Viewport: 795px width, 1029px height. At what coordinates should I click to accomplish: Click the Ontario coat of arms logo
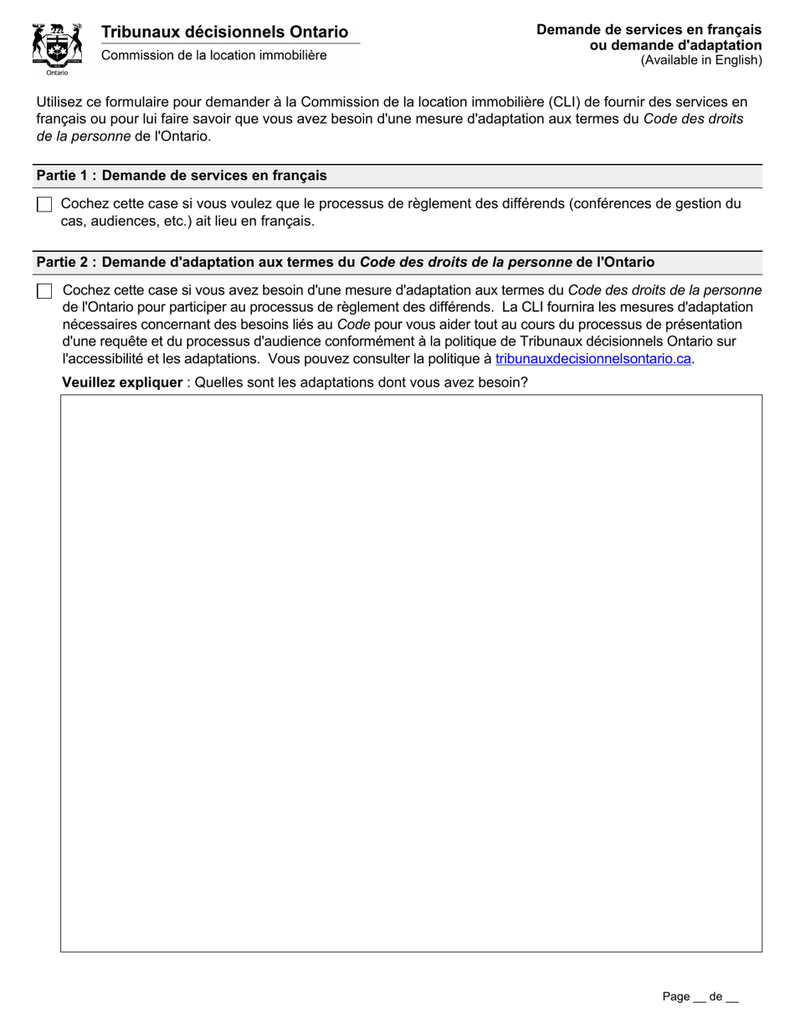[x=57, y=45]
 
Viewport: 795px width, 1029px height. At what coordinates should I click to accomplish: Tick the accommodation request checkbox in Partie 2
[x=44, y=291]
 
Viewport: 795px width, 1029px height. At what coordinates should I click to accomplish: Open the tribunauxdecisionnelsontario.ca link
[x=593, y=359]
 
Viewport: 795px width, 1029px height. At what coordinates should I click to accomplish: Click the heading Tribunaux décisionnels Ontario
[x=225, y=32]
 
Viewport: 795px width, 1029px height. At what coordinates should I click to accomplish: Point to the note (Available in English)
[x=701, y=60]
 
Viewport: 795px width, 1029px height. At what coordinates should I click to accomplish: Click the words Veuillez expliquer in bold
[x=122, y=383]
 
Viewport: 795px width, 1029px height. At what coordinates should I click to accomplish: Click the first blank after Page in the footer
[x=699, y=998]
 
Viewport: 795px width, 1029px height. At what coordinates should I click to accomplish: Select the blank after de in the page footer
[x=732, y=998]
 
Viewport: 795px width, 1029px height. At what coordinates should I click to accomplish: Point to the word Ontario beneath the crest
[x=57, y=73]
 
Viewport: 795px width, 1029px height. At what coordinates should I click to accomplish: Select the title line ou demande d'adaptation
[x=675, y=45]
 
